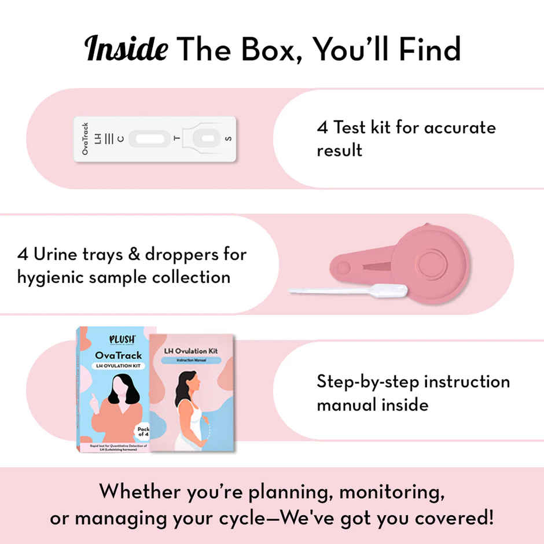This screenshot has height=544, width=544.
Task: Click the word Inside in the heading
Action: click(127, 50)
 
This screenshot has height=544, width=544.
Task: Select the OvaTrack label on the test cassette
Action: click(86, 139)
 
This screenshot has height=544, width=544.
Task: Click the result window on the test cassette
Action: click(149, 139)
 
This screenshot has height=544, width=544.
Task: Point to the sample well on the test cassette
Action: click(204, 139)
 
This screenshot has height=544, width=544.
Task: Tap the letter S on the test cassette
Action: click(227, 139)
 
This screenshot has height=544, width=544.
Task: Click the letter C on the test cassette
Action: click(120, 139)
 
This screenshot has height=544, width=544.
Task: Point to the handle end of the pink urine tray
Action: click(343, 268)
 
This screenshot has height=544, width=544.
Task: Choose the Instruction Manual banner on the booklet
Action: click(192, 360)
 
